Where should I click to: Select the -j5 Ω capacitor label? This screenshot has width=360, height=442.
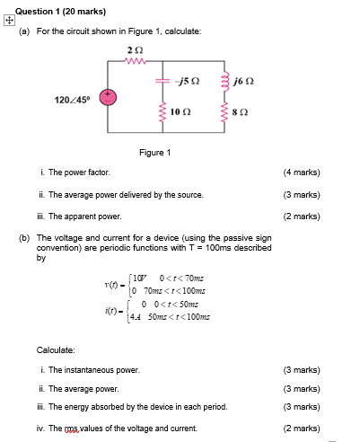188,81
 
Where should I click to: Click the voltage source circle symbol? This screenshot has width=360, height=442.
107,96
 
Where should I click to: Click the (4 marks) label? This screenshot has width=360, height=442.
302,172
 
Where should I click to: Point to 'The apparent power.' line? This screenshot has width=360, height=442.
84,217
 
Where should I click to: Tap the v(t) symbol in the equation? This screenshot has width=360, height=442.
112,286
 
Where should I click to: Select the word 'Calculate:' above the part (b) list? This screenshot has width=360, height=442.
56,349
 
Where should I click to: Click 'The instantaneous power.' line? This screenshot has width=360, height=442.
94,370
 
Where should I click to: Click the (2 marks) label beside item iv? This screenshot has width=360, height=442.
302,429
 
